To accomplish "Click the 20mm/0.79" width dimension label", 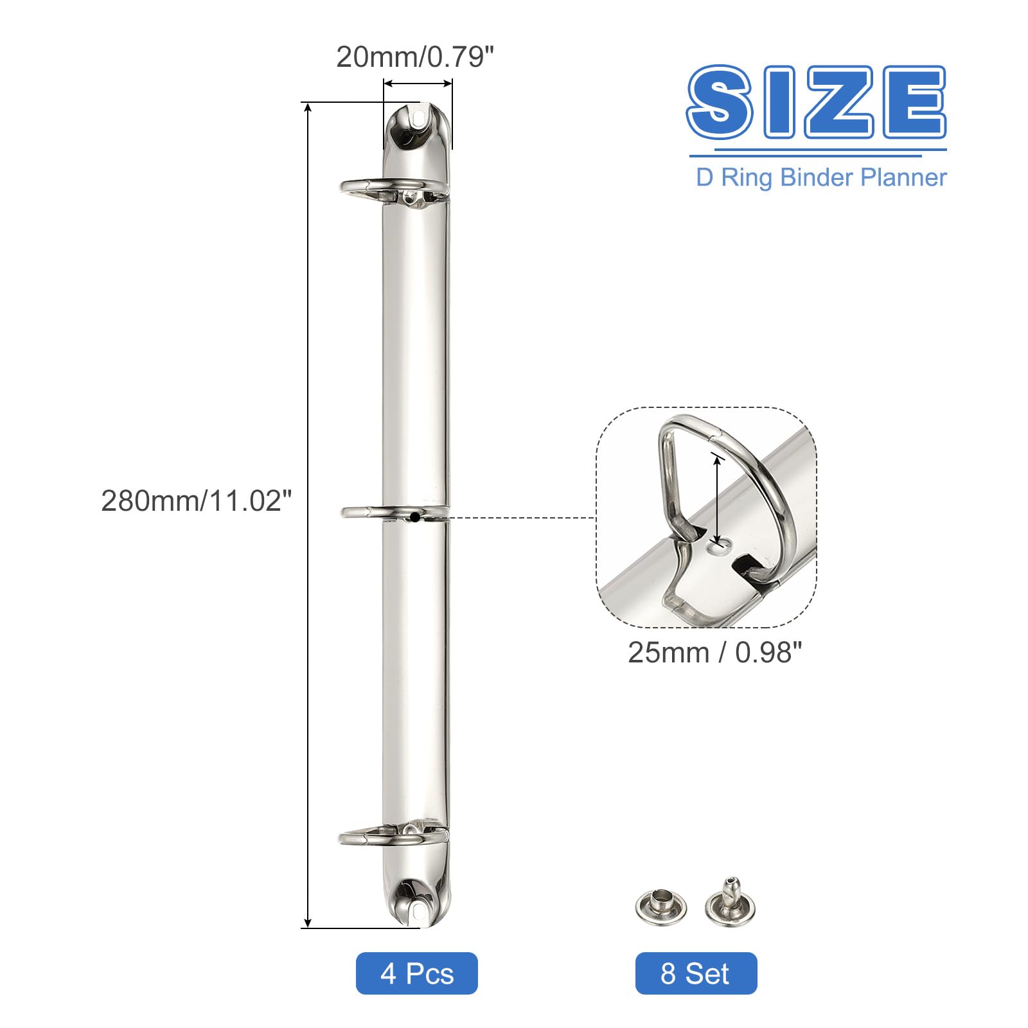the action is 414,57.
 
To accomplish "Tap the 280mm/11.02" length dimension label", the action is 197,501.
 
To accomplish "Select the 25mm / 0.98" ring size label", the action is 714,652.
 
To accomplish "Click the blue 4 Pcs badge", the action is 416,973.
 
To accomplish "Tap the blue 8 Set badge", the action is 696,973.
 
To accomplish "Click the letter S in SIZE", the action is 720,102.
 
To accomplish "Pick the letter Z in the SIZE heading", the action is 833,102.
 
